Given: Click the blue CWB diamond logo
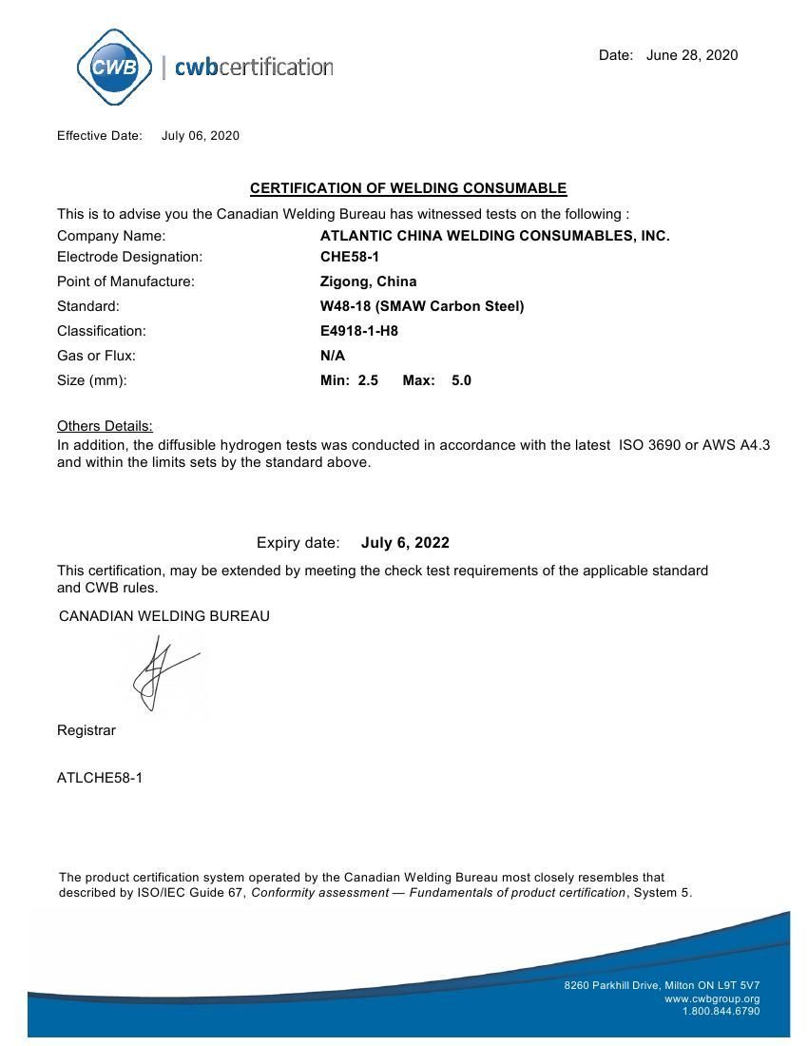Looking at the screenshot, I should pos(114,67).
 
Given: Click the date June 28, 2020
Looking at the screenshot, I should pos(691,55).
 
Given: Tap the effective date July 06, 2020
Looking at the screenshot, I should pos(200,136).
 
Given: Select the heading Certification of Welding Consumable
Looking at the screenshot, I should pos(408,188).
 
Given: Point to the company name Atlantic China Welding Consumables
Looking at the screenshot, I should pos(494,236).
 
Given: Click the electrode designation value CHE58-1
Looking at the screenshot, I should pos(350,257).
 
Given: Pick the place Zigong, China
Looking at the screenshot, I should pos(368,281).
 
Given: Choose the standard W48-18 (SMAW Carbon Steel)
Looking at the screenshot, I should pos(422,306).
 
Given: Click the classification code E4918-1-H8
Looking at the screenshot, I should pos(358,331).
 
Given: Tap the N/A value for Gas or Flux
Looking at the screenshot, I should pos(333,356).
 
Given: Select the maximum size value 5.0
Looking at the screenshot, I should pos(461,380).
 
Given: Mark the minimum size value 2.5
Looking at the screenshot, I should pos(368,380).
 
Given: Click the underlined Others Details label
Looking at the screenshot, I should pos(105,426).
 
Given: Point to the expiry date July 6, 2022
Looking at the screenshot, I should pos(405,543).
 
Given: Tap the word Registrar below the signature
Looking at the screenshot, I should pos(87,730).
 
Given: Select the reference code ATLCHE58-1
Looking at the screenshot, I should pos(100,778).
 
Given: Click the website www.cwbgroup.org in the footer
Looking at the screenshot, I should pos(712,998).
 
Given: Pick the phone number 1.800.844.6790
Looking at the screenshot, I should pos(721,1011).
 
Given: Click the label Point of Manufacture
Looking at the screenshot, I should pos(125,281).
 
